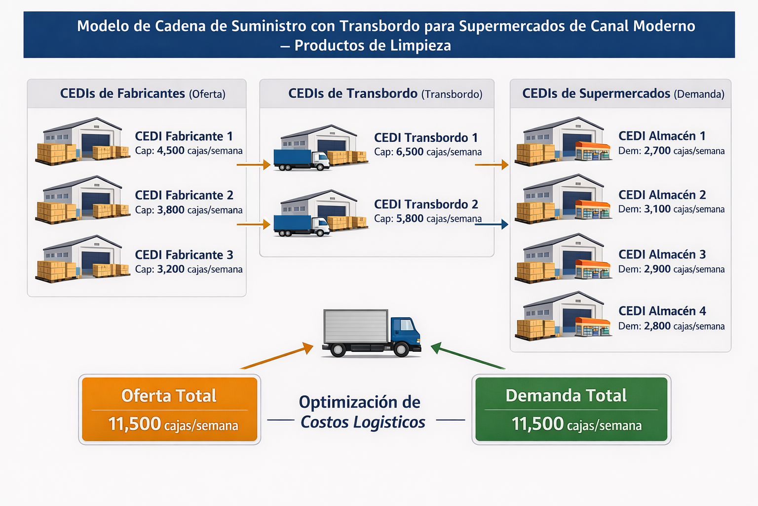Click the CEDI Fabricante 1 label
(x=184, y=136)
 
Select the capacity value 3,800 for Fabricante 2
(x=171, y=210)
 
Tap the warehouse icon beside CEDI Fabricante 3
(x=82, y=258)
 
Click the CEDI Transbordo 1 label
(x=425, y=138)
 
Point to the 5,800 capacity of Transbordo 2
(x=410, y=218)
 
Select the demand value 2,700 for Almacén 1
(x=657, y=151)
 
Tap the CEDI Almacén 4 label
(x=662, y=311)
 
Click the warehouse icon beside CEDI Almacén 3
(x=563, y=258)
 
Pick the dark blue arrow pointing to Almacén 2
(x=491, y=224)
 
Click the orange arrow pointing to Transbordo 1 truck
(x=253, y=164)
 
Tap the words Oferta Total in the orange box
(x=169, y=396)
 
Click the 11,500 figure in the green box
(x=537, y=424)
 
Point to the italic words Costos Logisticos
(x=363, y=422)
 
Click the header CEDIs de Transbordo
(x=353, y=93)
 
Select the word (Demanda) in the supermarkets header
(x=699, y=94)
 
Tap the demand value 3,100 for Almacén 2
(x=657, y=209)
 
